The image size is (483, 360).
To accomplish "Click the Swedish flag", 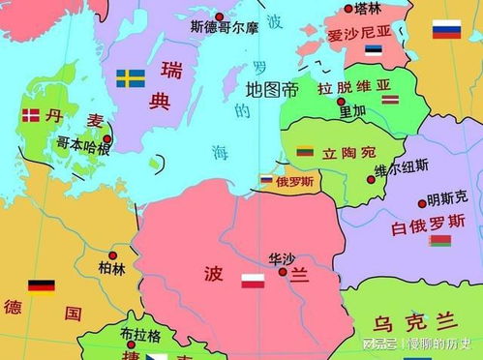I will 130,78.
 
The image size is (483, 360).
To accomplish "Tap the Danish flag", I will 29,116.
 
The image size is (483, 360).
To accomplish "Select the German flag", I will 41,286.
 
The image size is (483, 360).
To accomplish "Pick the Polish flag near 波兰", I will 253,282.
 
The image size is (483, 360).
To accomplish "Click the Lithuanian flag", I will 304,153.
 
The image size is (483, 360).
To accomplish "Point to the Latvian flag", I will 390,99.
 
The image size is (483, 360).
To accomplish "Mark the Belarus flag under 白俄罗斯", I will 440,240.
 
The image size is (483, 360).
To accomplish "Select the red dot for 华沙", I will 283,272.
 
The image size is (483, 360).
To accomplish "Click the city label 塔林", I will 368,8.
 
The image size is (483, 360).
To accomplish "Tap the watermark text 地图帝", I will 272,90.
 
